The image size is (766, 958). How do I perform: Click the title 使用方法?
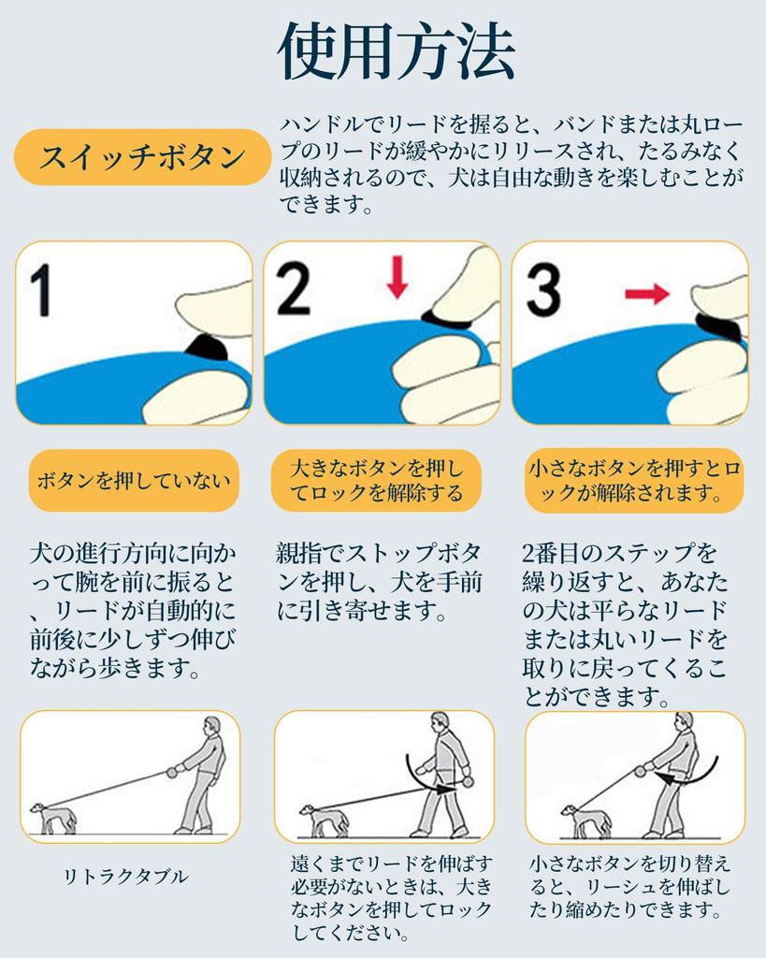(x=396, y=51)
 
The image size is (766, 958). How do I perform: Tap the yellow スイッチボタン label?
(x=142, y=157)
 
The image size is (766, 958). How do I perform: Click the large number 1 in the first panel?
(x=41, y=290)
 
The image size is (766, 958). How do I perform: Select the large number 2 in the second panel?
(x=293, y=287)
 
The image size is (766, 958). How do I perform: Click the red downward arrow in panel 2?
(x=397, y=277)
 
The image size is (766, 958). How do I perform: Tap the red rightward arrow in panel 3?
(x=647, y=294)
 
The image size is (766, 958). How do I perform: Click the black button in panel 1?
(x=207, y=348)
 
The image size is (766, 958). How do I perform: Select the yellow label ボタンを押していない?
(x=134, y=481)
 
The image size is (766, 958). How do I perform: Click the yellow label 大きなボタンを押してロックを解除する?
(x=376, y=481)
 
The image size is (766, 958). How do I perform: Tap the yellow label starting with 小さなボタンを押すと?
(x=634, y=481)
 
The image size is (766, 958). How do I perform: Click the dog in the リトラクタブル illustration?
(x=54, y=818)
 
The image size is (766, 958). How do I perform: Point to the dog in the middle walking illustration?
(x=323, y=820)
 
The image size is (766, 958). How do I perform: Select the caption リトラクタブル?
(x=126, y=877)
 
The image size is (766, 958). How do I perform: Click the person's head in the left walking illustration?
(x=211, y=726)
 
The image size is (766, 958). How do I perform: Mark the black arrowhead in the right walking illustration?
(x=668, y=777)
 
